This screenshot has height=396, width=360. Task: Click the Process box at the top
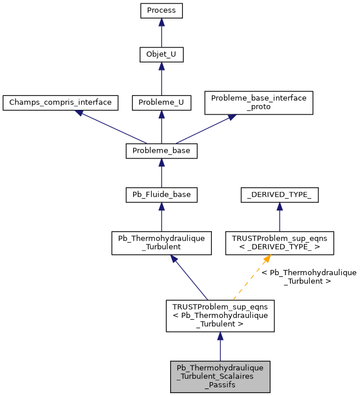(x=161, y=10)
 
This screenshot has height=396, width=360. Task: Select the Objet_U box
(x=161, y=55)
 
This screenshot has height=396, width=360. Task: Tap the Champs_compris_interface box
(x=60, y=103)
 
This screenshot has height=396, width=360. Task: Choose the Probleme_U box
(x=161, y=103)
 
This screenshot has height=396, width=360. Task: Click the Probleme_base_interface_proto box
(x=259, y=102)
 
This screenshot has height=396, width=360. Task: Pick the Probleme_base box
(x=161, y=151)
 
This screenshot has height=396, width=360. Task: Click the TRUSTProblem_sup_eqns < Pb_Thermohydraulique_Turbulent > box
(x=219, y=316)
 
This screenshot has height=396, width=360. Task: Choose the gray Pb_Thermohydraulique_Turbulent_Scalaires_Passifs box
(x=219, y=376)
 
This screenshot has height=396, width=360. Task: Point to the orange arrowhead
(x=266, y=258)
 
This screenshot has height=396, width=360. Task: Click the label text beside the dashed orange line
(x=308, y=276)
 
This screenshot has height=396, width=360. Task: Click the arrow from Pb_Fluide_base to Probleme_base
(x=161, y=173)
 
